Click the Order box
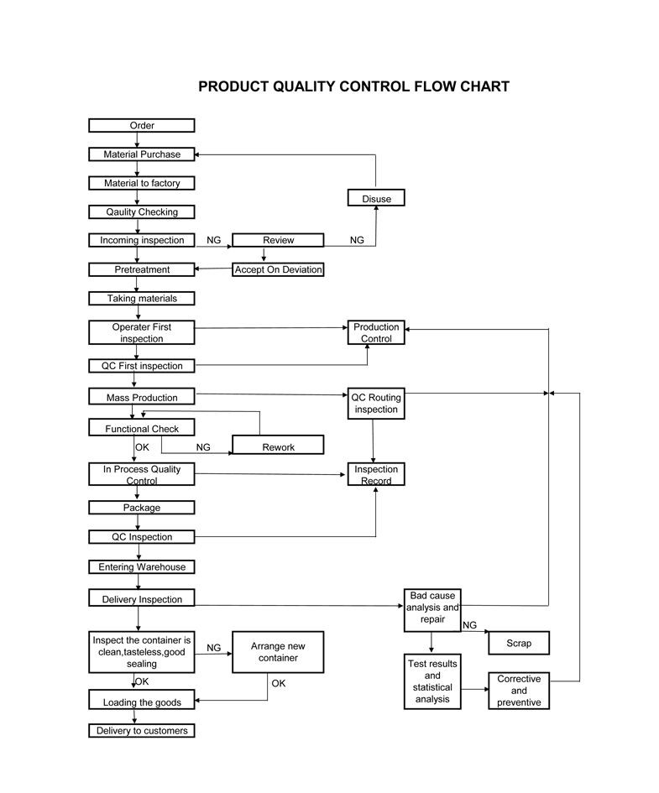point(141,126)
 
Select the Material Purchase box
point(141,154)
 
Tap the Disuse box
point(376,198)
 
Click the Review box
point(278,240)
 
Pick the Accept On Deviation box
point(278,269)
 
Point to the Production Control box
point(376,332)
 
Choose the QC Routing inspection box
point(376,404)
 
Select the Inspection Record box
point(376,474)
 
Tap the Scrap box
point(519,644)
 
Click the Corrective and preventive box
point(519,691)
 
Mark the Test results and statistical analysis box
point(432,681)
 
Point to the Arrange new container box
point(278,652)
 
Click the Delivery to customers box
point(141,731)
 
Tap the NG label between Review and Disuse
point(357,241)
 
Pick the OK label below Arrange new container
point(279,684)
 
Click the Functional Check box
point(141,429)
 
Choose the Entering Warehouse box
point(141,567)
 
